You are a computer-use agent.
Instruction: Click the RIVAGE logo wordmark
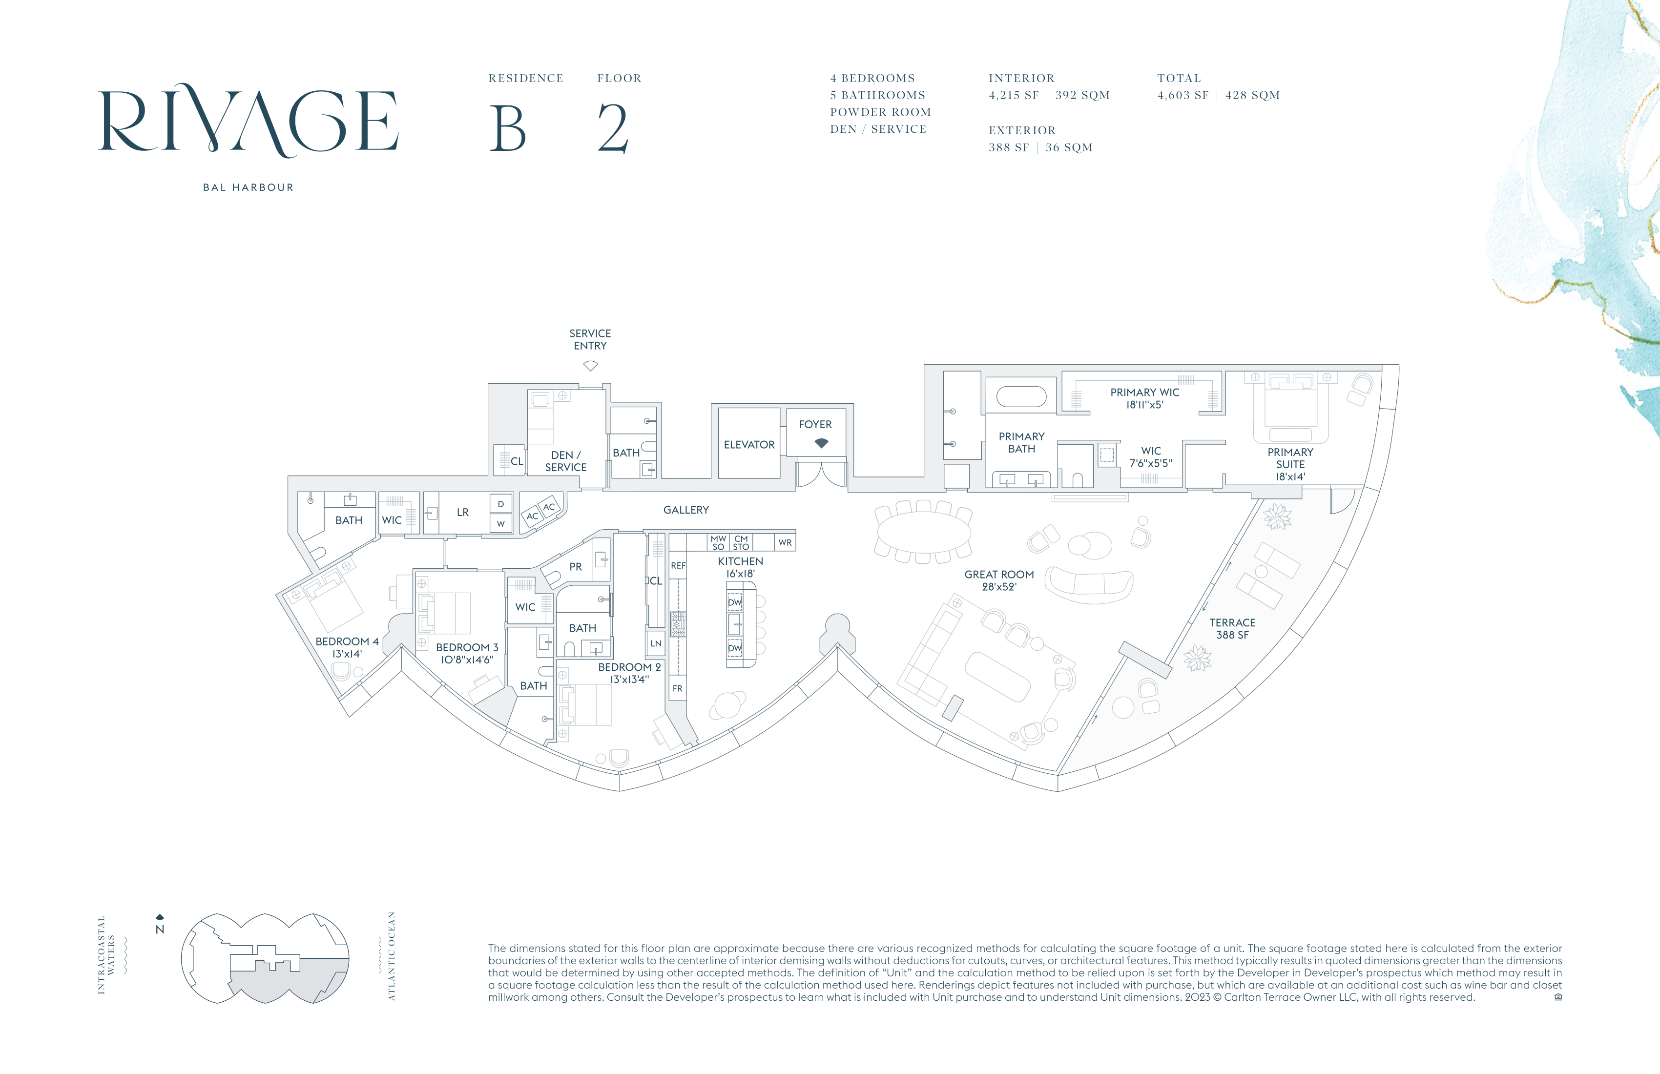click(x=249, y=120)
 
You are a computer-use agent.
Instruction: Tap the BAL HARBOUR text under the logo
click(x=249, y=187)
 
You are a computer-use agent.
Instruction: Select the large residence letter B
click(x=508, y=128)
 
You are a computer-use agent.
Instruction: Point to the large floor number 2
click(x=614, y=128)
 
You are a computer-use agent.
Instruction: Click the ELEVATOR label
click(x=749, y=445)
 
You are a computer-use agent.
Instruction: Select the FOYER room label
click(x=815, y=425)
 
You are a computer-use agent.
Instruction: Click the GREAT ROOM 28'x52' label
click(x=999, y=580)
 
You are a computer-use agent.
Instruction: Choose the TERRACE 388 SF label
click(x=1232, y=628)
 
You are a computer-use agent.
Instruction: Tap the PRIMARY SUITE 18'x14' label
click(x=1290, y=464)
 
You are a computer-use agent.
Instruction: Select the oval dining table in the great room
click(x=923, y=532)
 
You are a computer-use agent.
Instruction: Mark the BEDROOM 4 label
click(x=347, y=641)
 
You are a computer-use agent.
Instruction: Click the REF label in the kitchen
click(x=678, y=566)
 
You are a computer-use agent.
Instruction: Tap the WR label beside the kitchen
click(x=786, y=542)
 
